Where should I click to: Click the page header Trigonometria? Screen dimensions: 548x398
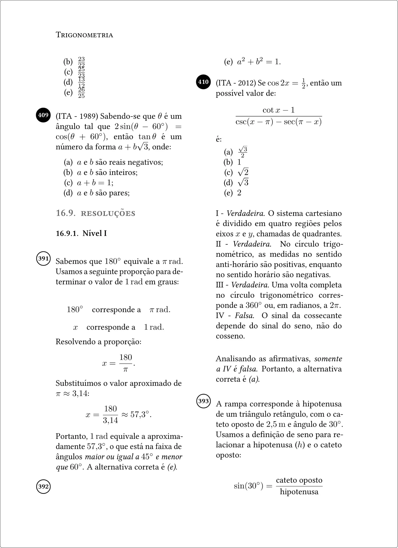pyautogui.click(x=84, y=35)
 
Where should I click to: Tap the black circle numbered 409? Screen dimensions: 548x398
pyautogui.click(x=43, y=115)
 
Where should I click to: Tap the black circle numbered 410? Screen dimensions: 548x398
pyautogui.click(x=203, y=82)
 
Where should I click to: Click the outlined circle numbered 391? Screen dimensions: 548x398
pyautogui.click(x=43, y=258)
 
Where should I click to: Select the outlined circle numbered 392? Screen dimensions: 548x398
pyautogui.click(x=43, y=486)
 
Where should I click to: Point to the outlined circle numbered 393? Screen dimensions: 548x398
pyautogui.click(x=203, y=401)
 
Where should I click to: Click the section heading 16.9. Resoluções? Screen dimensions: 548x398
pyautogui.click(x=95, y=213)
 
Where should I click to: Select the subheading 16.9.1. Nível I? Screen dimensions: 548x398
pyautogui.click(x=81, y=233)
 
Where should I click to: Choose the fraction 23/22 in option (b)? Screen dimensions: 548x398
pyautogui.click(x=81, y=62)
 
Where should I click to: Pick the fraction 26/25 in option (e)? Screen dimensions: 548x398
pyautogui.click(x=81, y=93)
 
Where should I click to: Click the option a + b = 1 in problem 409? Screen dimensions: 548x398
pyautogui.click(x=95, y=183)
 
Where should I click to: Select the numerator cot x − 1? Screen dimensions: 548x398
pyautogui.click(x=278, y=110)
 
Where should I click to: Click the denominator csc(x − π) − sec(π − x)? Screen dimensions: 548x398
pyautogui.click(x=278, y=122)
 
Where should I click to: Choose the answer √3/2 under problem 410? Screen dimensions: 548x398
pyautogui.click(x=243, y=152)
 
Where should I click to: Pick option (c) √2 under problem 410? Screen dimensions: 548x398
pyautogui.click(x=243, y=172)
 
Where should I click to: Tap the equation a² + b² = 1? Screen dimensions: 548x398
pyautogui.click(x=259, y=62)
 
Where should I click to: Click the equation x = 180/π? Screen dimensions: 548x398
pyautogui.click(x=119, y=363)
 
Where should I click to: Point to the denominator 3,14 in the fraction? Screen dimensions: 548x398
pyautogui.click(x=110, y=420)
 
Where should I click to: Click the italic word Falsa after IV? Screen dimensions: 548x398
pyautogui.click(x=244, y=316)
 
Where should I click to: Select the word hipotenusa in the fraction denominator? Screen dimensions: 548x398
pyautogui.click(x=299, y=492)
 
